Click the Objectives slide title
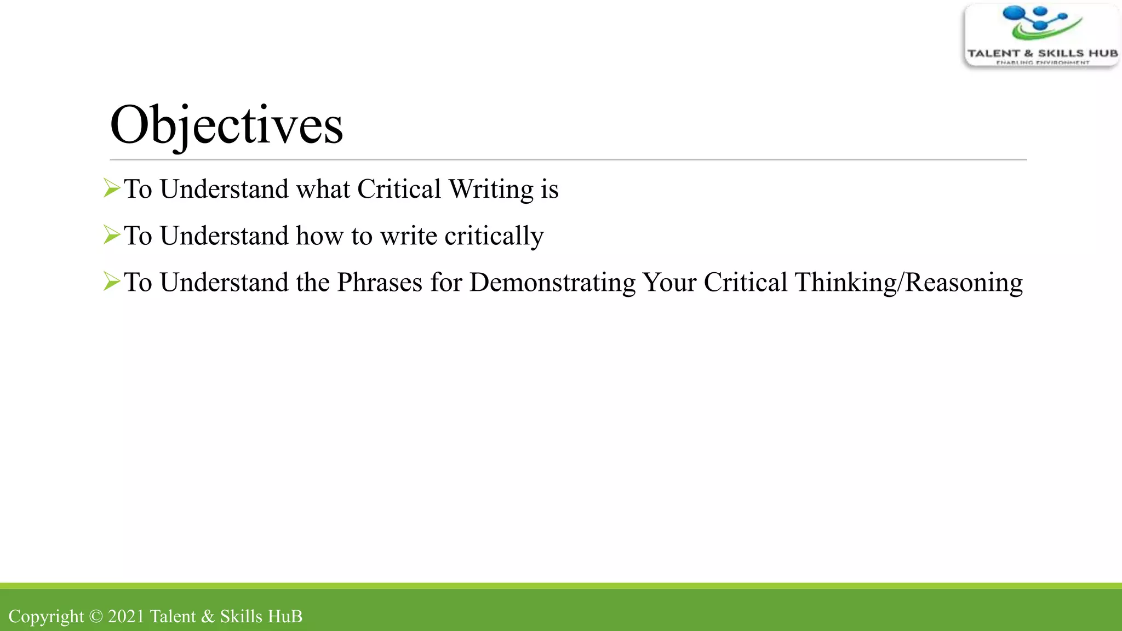pos(226,125)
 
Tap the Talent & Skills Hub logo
pos(1041,36)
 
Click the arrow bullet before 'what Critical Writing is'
pos(112,188)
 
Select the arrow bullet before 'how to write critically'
pos(112,235)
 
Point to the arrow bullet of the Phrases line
pos(112,282)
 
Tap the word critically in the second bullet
pos(494,236)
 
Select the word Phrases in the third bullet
pos(380,283)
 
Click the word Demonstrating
pos(552,283)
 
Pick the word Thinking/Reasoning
pos(908,283)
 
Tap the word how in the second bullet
pos(319,236)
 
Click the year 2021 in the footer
pos(126,616)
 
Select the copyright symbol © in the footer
pos(96,616)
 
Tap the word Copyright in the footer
pos(46,617)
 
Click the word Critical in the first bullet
pos(399,190)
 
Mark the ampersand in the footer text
pos(208,616)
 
